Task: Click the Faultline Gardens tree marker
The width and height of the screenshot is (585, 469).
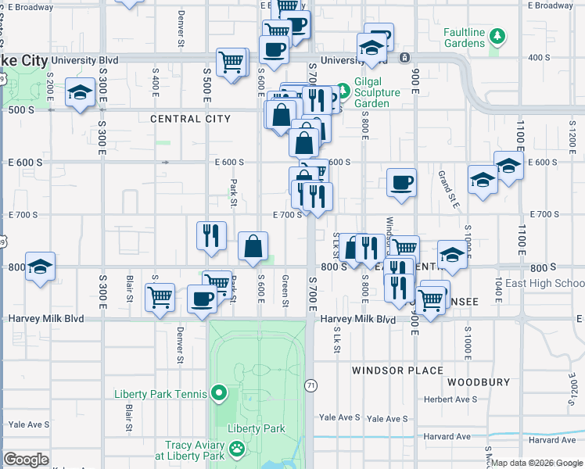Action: pyautogui.click(x=496, y=35)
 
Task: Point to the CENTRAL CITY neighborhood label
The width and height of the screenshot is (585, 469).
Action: pyautogui.click(x=190, y=119)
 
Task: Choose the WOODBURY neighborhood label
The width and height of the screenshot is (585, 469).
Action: pyautogui.click(x=479, y=383)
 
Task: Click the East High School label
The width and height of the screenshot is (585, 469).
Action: pyautogui.click(x=544, y=283)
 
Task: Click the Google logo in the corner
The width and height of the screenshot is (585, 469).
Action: pyautogui.click(x=27, y=460)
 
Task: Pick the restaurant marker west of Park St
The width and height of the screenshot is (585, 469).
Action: pyautogui.click(x=210, y=234)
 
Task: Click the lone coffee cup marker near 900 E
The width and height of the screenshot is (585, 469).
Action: pyautogui.click(x=401, y=183)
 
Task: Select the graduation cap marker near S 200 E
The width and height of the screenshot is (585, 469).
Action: pyautogui.click(x=80, y=93)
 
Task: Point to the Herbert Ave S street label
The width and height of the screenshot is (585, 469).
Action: pyautogui.click(x=451, y=399)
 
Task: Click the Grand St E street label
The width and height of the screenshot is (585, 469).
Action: pyautogui.click(x=443, y=185)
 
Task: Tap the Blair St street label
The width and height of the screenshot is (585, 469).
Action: pyautogui.click(x=129, y=287)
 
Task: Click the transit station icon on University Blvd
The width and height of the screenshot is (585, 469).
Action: pyautogui.click(x=405, y=58)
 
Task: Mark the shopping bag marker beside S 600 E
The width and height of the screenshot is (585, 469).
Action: pyautogui.click(x=253, y=246)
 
